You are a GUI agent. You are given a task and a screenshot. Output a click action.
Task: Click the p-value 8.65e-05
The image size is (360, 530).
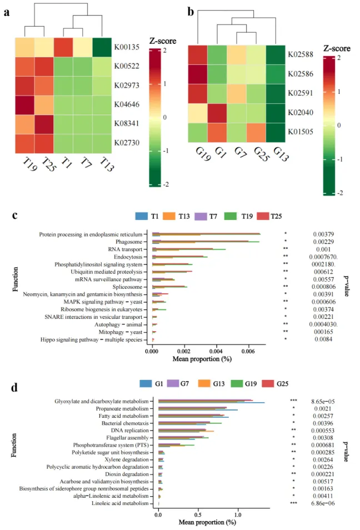click(326, 401)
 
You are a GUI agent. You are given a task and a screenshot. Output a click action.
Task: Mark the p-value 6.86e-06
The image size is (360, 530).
click(326, 503)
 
